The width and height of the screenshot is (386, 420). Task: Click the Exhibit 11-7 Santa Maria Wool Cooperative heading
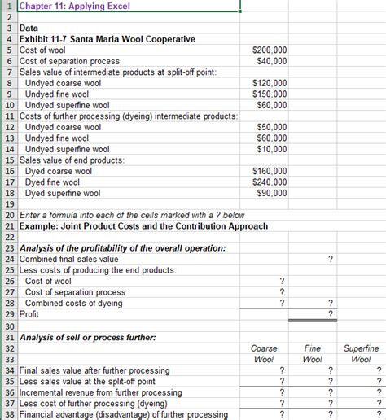coord(101,39)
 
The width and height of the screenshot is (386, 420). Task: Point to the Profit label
coord(29,314)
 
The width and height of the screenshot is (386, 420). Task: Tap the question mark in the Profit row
coord(330,314)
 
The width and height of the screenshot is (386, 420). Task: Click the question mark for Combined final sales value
coord(330,259)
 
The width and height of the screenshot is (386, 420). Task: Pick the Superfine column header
coord(361,348)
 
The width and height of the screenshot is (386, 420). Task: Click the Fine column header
coord(312,348)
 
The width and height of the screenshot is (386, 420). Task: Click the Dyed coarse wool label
coord(59,171)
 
